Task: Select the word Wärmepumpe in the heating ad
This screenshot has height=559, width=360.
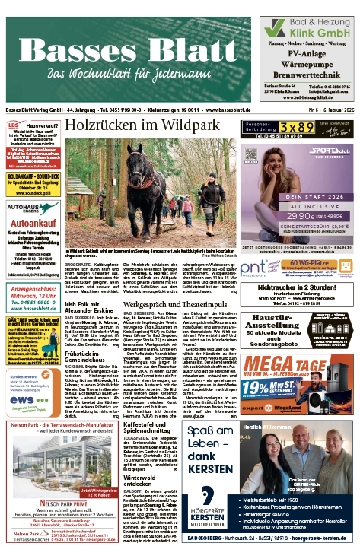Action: (x=307, y=66)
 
